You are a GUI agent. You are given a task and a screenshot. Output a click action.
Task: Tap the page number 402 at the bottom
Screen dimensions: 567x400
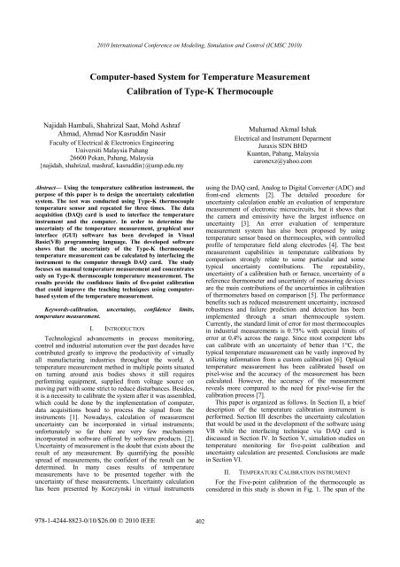point(199,555)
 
